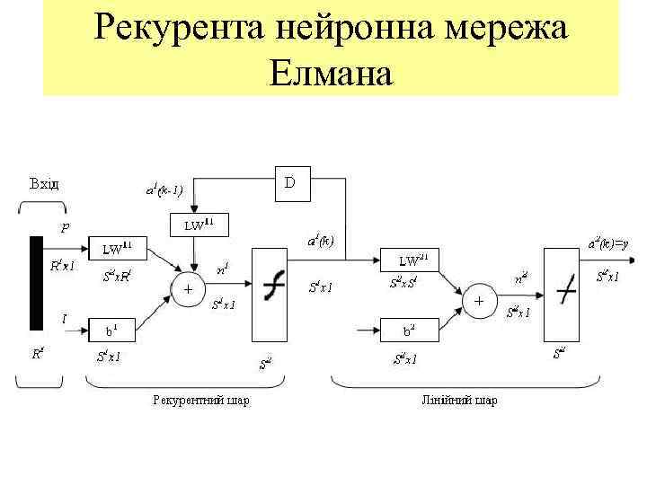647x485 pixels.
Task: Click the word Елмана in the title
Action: tap(331, 73)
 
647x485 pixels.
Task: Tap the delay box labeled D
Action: tap(290, 183)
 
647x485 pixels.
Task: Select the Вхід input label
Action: tap(44, 184)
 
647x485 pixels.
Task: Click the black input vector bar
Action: tap(36, 283)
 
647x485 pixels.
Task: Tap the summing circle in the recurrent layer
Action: tap(188, 291)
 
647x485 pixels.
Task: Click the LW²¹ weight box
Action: tap(413, 260)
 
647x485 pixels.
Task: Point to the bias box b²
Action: tap(408, 331)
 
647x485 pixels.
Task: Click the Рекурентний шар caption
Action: tap(201, 400)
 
